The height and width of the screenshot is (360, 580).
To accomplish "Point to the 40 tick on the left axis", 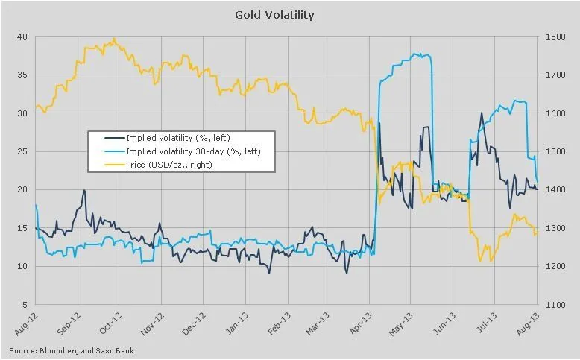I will (22, 37).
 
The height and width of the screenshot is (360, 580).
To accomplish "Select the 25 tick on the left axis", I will (22, 151).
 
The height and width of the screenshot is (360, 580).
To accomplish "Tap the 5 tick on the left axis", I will (24, 305).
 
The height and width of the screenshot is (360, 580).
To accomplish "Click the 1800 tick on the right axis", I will (561, 37).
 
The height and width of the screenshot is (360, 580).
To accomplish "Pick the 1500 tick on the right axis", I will (561, 151).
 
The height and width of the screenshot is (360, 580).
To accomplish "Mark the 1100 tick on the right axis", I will (561, 305).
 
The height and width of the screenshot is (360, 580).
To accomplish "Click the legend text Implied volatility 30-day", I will (192, 151).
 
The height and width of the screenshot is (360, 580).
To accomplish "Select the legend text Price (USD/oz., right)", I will (169, 164).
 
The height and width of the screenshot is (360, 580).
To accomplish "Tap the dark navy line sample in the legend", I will (107, 139).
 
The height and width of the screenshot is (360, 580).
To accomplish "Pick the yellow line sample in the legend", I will (107, 164).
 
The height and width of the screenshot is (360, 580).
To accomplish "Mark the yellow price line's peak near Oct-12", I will (114, 39).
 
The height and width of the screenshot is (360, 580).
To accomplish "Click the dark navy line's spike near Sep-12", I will (84, 190).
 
